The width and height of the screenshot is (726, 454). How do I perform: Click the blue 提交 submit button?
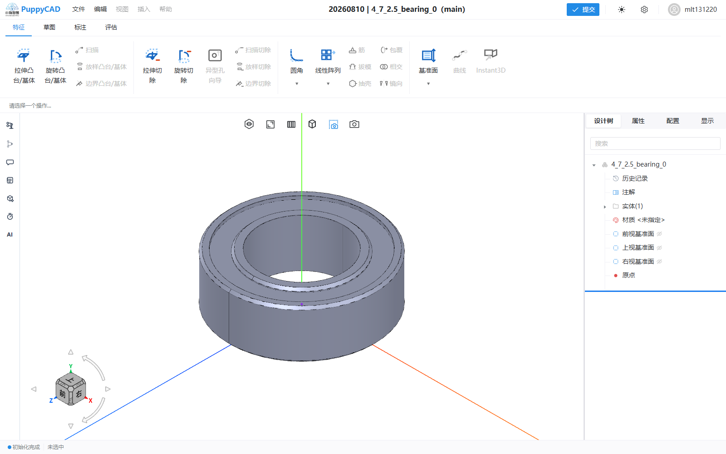pyautogui.click(x=583, y=10)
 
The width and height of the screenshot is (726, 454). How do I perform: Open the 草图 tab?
pyautogui.click(x=49, y=27)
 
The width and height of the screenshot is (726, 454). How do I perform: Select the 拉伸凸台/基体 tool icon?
pyautogui.click(x=23, y=55)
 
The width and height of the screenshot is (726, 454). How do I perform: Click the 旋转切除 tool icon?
pyautogui.click(x=184, y=55)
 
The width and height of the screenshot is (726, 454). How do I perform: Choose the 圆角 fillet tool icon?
pyautogui.click(x=296, y=55)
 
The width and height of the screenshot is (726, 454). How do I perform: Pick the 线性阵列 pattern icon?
pyautogui.click(x=328, y=55)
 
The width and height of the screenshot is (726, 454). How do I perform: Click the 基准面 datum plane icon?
pyautogui.click(x=428, y=55)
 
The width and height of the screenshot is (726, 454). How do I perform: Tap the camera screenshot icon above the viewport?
pyautogui.click(x=354, y=124)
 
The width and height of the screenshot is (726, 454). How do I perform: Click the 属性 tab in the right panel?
pyautogui.click(x=638, y=121)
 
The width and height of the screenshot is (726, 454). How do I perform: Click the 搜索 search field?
pyautogui.click(x=655, y=143)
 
